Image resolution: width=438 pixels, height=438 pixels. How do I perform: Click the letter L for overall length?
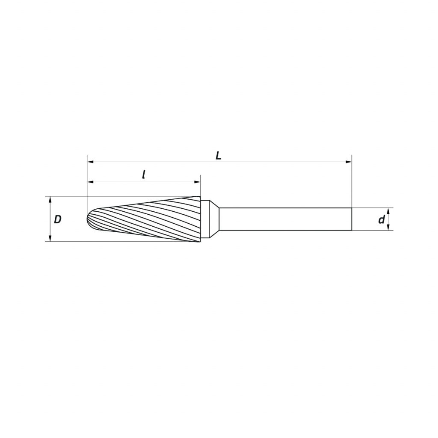point(219,156)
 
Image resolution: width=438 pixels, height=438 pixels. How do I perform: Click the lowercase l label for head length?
point(144,175)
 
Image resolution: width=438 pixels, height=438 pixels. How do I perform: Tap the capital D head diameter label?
point(58,219)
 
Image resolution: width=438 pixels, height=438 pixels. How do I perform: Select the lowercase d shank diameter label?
point(381,219)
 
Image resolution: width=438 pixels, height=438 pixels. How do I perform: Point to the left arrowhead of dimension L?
point(90,162)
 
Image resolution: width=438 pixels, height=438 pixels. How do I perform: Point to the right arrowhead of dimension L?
point(349,162)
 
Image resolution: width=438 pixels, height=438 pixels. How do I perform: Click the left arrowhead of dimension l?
point(90,182)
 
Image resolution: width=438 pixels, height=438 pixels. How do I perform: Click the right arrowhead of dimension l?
point(198,182)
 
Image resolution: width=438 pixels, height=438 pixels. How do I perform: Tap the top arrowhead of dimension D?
point(50,199)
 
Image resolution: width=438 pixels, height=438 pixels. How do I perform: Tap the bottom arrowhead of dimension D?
point(50,239)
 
